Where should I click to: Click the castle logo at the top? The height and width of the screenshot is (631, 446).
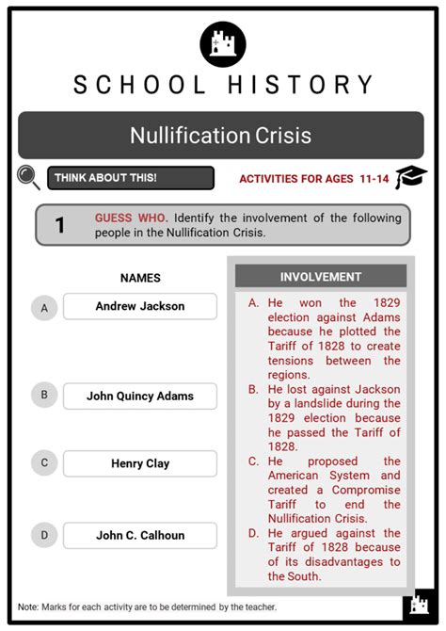(223, 43)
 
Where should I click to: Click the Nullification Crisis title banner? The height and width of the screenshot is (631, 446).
(221, 135)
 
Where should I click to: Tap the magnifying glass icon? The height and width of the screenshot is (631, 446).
(29, 177)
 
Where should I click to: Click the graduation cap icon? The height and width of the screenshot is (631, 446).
(411, 177)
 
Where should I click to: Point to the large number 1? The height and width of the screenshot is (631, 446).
(60, 225)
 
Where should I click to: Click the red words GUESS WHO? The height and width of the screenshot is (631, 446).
(131, 218)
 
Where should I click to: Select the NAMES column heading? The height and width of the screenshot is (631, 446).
(140, 278)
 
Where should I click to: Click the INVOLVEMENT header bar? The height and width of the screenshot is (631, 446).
(320, 277)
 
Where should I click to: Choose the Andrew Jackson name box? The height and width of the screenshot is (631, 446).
(140, 306)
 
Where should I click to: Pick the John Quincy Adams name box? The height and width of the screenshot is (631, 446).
(140, 396)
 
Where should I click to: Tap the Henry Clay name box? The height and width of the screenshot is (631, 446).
(140, 463)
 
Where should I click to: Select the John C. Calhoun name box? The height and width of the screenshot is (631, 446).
(140, 535)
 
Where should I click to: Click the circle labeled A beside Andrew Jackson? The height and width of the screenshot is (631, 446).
(43, 307)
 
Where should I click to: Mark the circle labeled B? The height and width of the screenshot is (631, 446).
(43, 396)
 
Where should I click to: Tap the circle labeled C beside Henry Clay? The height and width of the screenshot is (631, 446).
(43, 463)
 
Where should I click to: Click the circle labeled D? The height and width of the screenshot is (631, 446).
(43, 535)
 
